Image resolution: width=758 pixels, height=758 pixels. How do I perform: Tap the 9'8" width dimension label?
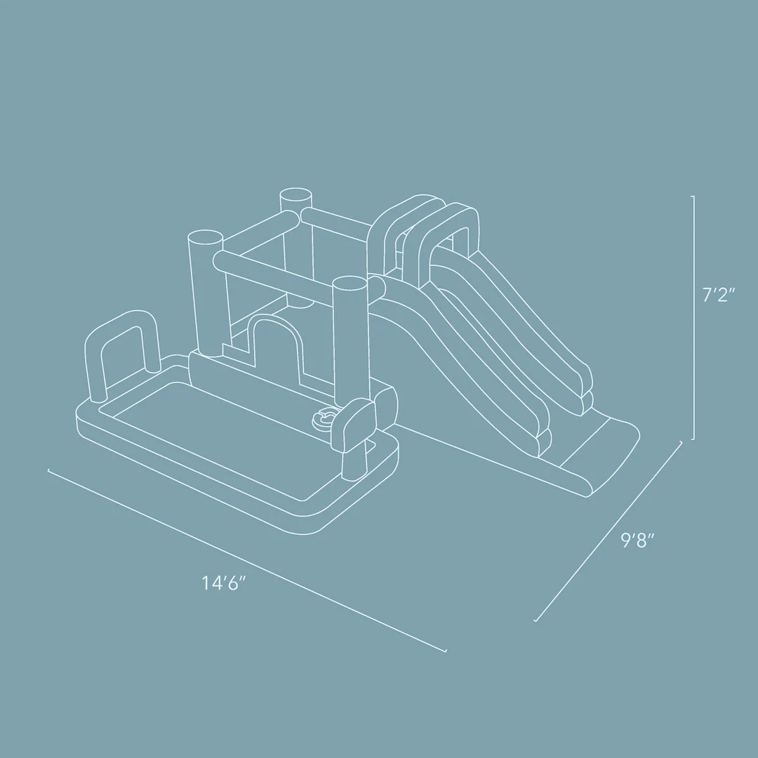tap(637, 541)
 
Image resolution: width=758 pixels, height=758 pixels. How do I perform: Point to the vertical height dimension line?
tap(694, 316)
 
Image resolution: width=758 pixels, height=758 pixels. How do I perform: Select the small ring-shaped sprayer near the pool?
tap(324, 418)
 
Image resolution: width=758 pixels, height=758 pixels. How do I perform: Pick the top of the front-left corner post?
tap(204, 236)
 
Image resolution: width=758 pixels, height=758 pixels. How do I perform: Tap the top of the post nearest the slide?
tap(350, 282)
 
